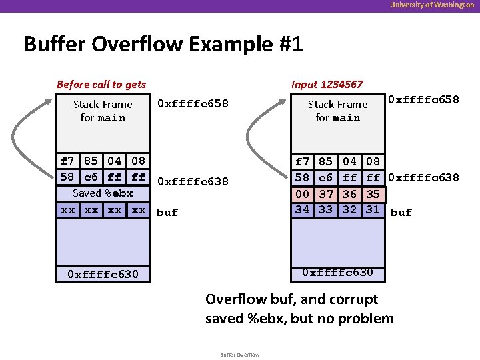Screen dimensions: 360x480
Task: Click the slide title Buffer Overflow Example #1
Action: [x=163, y=45]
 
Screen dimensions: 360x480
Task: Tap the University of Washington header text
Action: [x=433, y=5]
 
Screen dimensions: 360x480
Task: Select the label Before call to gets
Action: [x=101, y=84]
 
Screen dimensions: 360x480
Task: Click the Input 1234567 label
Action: [x=327, y=84]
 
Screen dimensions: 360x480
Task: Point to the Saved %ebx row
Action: [x=103, y=193]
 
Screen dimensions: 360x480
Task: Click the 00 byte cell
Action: [x=302, y=193]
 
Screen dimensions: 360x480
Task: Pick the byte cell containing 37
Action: [x=325, y=193]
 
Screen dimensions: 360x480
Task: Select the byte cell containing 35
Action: [x=373, y=193]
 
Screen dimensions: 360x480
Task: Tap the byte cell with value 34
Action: [x=302, y=209]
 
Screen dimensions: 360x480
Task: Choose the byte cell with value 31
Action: [x=373, y=209]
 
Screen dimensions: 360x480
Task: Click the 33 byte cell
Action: [x=325, y=209]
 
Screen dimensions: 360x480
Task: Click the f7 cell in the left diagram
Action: [x=67, y=161]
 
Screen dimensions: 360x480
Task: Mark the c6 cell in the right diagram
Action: [x=325, y=177]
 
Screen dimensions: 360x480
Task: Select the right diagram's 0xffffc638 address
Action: [x=423, y=177]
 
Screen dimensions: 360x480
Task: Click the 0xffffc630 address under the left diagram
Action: [x=103, y=274]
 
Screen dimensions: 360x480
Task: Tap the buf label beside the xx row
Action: [x=167, y=213]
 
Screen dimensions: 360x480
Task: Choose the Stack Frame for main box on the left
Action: [x=103, y=111]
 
